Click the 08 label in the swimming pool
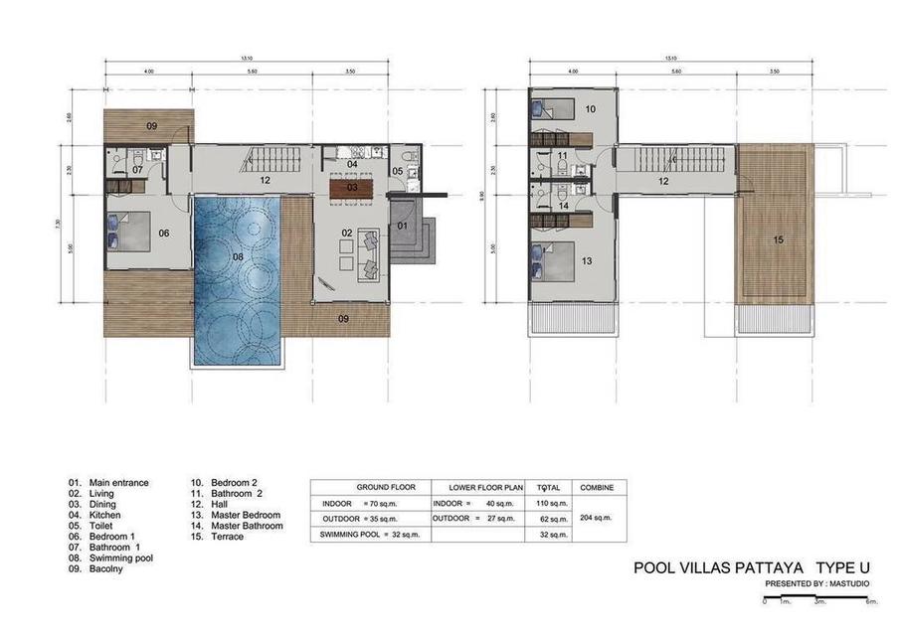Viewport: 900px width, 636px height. pyautogui.click(x=238, y=256)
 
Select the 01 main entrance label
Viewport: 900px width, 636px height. pyautogui.click(x=403, y=226)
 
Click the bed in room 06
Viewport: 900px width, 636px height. pyautogui.click(x=132, y=234)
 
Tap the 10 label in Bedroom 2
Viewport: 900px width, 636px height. pyautogui.click(x=590, y=108)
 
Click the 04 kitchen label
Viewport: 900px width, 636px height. pyautogui.click(x=352, y=164)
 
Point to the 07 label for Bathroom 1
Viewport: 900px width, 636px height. pyautogui.click(x=138, y=170)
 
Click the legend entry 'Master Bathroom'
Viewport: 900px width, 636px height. pyautogui.click(x=247, y=526)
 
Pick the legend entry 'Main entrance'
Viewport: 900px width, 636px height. pyautogui.click(x=118, y=483)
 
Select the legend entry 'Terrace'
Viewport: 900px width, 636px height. pyautogui.click(x=228, y=537)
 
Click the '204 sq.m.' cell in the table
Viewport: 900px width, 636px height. pyautogui.click(x=597, y=518)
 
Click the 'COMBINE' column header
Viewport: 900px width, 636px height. pyautogui.click(x=597, y=488)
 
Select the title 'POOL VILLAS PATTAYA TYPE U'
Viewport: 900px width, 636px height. pyautogui.click(x=739, y=569)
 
